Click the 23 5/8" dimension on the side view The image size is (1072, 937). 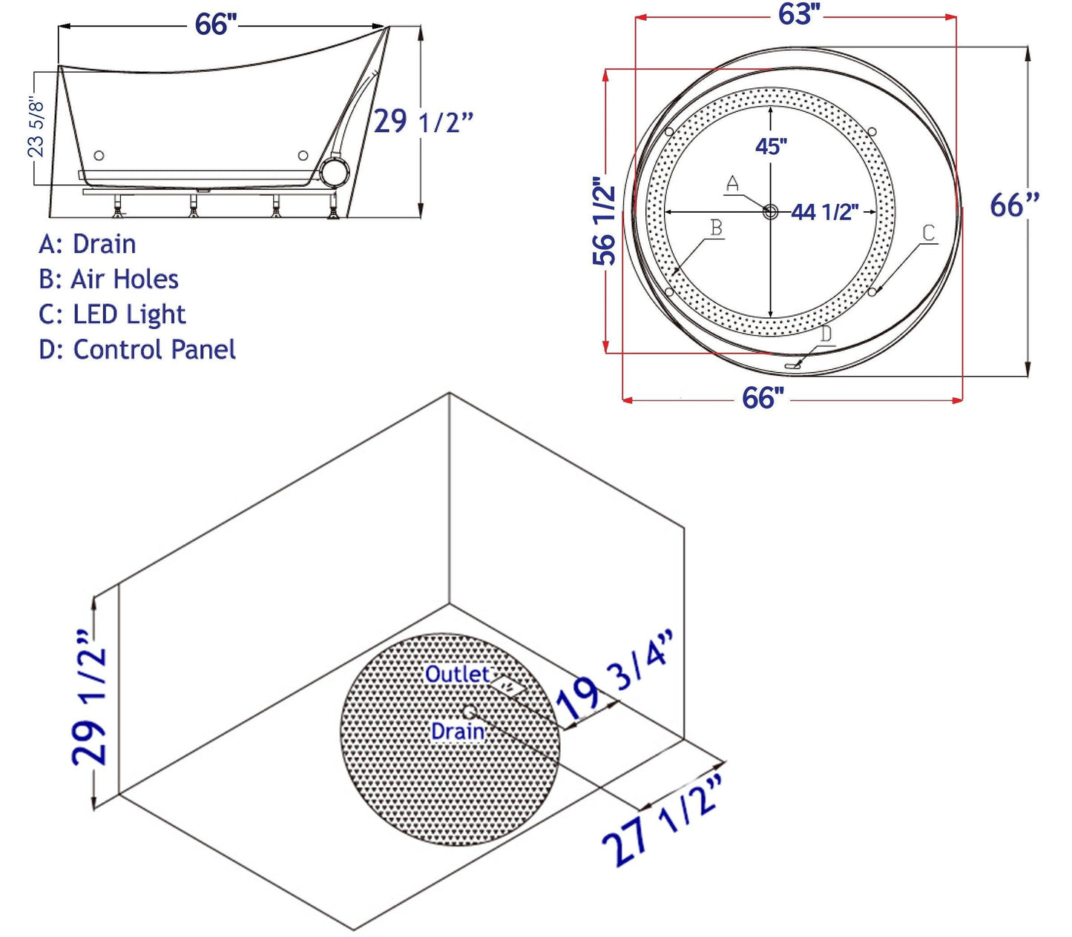pos(36,128)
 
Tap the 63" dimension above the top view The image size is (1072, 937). pos(799,14)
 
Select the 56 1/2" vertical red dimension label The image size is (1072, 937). pos(605,220)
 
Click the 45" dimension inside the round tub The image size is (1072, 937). pos(771,146)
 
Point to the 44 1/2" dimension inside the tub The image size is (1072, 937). pos(824,213)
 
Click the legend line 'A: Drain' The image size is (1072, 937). pos(88,244)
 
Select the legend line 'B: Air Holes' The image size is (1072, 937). pos(108,279)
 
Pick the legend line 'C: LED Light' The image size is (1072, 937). pos(112,315)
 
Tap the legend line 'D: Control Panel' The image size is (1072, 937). pos(137,350)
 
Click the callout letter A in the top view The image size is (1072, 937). pos(732,183)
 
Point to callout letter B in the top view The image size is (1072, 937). pos(716,228)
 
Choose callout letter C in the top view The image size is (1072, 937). pos(928,234)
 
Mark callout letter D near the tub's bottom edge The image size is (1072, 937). pos(826,334)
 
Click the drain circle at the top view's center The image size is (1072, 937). pos(770,212)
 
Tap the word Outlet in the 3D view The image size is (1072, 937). pos(457,675)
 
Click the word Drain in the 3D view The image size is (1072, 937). pos(458,732)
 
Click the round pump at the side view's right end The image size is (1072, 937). pos(336,172)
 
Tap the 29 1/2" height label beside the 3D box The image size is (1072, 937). pos(89,698)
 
